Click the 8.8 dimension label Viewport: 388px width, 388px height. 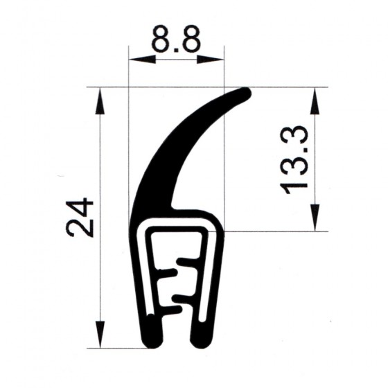click(175, 39)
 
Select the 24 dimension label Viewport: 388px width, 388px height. click(81, 218)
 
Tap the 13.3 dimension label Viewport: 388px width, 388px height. click(294, 160)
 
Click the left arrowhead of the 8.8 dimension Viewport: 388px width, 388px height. click(143, 60)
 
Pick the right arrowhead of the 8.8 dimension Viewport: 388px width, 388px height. click(211, 60)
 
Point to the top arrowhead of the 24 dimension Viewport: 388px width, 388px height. click(100, 101)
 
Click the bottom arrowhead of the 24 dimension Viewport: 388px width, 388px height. click(100, 334)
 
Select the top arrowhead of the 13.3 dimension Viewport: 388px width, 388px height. click(315, 101)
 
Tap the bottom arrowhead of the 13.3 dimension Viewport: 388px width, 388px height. click(315, 218)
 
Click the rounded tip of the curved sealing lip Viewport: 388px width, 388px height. click(245, 94)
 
